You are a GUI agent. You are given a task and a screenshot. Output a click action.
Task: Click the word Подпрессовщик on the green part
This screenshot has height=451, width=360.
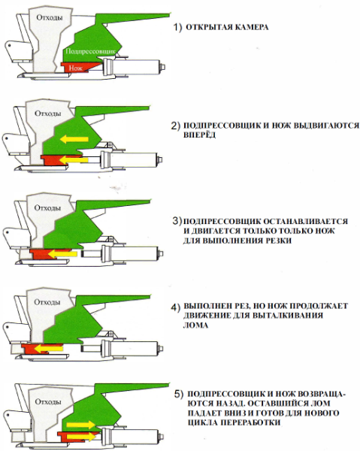(91, 51)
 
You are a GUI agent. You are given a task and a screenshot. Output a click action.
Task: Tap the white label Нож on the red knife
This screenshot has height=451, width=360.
(76, 68)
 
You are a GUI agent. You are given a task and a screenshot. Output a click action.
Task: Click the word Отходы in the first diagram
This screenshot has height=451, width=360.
(50, 17)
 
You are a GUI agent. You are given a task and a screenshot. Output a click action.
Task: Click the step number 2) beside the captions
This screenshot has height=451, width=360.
(176, 126)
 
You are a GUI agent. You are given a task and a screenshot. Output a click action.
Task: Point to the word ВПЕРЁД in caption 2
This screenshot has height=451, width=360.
(199, 135)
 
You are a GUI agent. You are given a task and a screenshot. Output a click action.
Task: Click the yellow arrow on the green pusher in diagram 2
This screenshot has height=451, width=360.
(74, 140)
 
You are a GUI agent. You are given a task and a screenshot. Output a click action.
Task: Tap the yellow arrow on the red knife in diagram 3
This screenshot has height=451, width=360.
(62, 254)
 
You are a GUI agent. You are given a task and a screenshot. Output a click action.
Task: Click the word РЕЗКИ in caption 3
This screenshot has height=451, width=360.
(278, 241)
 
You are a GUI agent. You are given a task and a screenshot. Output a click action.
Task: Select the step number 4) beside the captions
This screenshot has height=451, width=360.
(175, 307)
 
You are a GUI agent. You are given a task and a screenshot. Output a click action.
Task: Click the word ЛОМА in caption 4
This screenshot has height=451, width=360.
(195, 325)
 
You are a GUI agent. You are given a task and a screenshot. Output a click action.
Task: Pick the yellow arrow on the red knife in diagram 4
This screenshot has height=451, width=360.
(48, 349)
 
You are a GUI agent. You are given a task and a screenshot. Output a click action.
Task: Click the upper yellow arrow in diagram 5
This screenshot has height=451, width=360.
(80, 425)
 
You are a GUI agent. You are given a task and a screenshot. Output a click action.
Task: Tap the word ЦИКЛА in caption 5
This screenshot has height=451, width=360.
(202, 422)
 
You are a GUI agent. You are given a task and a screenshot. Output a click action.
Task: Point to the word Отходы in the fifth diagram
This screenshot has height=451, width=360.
(48, 401)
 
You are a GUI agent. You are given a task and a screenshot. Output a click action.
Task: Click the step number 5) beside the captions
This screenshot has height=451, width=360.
(179, 394)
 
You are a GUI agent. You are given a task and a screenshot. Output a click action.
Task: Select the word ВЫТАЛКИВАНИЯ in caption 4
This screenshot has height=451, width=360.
(288, 316)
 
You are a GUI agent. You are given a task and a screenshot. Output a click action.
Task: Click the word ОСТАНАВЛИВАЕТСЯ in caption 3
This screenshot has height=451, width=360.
(305, 222)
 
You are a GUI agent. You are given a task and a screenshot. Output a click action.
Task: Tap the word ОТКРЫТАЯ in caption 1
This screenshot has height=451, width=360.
(209, 27)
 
